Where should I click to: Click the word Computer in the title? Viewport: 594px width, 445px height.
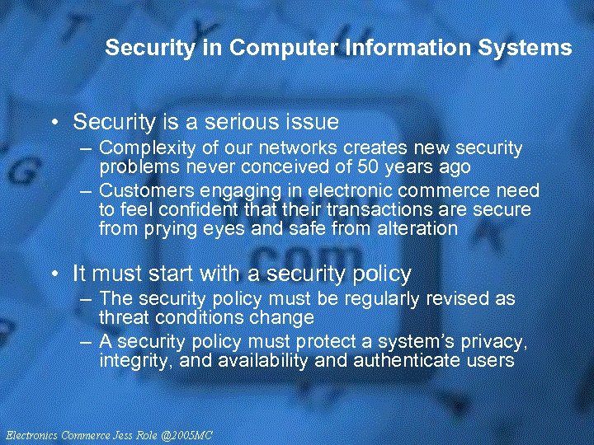271,48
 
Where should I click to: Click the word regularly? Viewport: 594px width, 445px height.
396,299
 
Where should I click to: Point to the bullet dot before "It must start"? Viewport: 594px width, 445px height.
54,274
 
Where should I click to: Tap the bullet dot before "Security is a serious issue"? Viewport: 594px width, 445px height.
54,124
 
